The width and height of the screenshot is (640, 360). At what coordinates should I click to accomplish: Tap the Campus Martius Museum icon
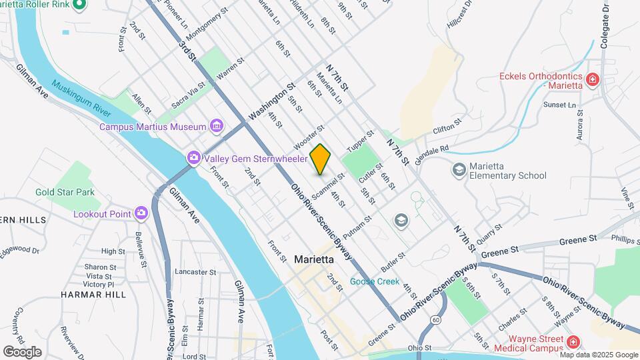point(216,126)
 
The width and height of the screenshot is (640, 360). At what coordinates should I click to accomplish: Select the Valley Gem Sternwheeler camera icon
point(194,158)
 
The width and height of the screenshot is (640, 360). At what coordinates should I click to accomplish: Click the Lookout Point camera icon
point(141,213)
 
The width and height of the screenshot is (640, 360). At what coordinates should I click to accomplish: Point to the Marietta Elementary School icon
point(459,170)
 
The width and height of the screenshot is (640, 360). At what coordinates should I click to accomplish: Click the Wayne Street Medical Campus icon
point(573,342)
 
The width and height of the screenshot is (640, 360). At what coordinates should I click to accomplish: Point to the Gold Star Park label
point(65,192)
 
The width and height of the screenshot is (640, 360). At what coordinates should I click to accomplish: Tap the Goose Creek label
point(375,281)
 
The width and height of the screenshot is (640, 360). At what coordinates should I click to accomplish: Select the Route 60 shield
point(435,319)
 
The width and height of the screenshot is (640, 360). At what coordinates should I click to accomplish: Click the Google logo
point(22,351)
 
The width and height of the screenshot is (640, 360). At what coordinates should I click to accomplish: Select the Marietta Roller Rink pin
point(79,6)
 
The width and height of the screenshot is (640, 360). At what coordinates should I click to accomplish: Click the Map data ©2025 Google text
point(598,355)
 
